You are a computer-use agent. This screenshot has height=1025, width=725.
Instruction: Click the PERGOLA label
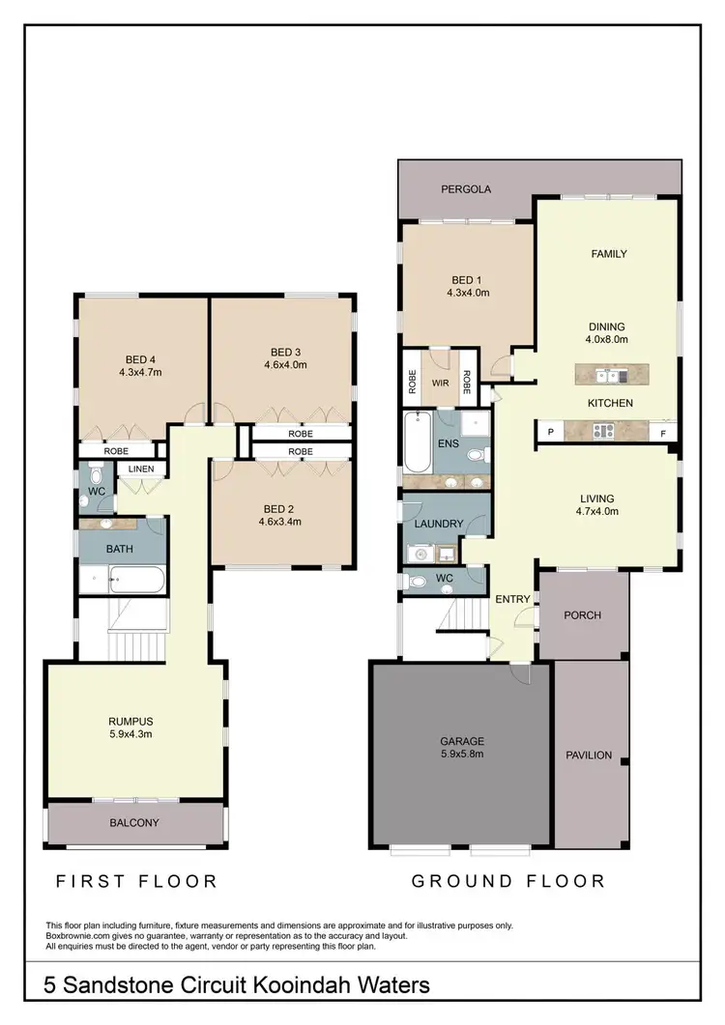466,189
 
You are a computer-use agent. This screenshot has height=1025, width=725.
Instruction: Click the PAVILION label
589,755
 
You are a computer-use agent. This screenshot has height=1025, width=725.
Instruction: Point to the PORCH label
583,614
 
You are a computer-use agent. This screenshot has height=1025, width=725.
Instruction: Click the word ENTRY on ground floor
512,599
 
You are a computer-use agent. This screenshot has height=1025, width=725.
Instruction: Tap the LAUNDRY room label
439,525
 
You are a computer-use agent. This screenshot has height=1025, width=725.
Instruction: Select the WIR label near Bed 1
441,383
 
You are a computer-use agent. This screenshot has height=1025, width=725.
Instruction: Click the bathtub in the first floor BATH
135,582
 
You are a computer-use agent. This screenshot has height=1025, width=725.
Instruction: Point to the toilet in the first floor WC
95,477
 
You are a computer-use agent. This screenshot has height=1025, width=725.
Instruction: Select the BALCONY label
134,823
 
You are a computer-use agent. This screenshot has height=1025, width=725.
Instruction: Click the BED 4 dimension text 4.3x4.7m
140,371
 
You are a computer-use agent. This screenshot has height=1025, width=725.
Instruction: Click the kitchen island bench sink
605,375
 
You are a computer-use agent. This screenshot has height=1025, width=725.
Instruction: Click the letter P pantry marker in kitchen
550,431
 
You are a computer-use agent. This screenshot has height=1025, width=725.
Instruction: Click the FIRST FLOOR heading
135,881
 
